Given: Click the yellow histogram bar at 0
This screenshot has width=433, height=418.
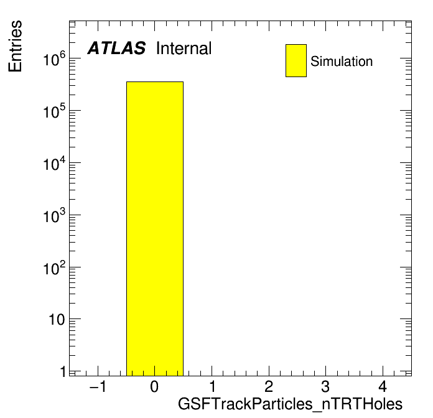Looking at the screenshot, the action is [155, 229].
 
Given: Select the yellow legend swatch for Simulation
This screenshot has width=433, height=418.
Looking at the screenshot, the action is [296, 60].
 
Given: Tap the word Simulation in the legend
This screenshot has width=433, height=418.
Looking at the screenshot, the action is [342, 62].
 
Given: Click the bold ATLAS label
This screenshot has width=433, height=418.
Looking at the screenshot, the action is [116, 48].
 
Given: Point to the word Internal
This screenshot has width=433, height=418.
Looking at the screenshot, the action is [184, 48].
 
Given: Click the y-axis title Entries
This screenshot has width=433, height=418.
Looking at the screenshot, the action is [15, 46].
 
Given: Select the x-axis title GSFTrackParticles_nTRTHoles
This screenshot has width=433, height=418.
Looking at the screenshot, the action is [290, 404].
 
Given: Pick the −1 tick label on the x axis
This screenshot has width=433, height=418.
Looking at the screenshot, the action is [98, 386].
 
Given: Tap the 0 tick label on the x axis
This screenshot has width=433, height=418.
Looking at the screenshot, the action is [154, 386].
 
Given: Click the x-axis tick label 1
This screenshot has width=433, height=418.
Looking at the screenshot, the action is [212, 386].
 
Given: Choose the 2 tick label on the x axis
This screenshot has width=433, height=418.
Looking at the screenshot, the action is [269, 386].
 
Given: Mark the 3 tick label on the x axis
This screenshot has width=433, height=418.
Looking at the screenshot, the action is [325, 386].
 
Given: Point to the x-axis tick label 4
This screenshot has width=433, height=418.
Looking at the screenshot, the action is [383, 386].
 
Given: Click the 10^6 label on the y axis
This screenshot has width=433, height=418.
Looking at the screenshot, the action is [54, 59].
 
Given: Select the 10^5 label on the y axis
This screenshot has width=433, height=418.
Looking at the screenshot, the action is [54, 111].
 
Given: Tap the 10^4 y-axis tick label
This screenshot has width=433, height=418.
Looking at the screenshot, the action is [54, 163].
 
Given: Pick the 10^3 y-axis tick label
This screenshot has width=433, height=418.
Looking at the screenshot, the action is [54, 215].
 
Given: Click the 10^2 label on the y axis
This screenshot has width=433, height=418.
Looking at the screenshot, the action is [54, 267].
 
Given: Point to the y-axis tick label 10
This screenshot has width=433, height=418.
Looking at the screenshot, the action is [57, 320].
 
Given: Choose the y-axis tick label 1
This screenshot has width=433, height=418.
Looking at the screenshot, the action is [63, 371].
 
